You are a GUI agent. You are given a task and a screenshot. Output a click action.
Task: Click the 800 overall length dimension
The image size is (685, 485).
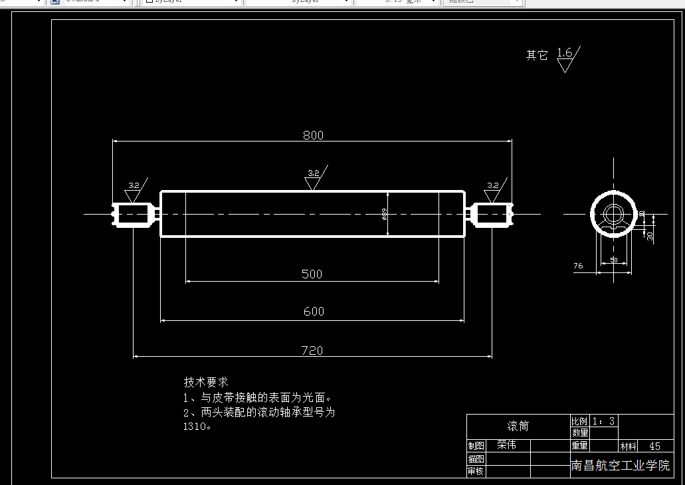(313, 135)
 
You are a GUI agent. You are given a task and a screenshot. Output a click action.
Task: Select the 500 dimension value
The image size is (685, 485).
(312, 274)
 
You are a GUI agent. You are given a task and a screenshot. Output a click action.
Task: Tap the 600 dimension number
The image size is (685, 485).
(314, 311)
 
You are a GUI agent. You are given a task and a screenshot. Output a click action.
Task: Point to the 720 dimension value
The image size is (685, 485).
(312, 350)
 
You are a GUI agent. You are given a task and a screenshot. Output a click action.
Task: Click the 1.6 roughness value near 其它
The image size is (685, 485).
(565, 52)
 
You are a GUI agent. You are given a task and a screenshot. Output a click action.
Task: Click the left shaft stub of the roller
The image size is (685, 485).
(135, 214)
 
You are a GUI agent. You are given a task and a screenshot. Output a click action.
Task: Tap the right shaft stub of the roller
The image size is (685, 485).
(492, 214)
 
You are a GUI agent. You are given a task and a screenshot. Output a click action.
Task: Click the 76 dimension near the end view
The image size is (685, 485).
(578, 266)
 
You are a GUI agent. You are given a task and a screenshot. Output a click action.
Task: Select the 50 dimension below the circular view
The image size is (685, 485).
(613, 260)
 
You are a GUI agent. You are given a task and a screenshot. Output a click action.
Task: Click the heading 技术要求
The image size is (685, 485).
(206, 382)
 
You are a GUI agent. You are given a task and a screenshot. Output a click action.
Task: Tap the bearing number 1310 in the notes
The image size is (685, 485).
(196, 427)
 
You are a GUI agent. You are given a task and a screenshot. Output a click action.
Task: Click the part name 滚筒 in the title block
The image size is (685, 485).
(518, 426)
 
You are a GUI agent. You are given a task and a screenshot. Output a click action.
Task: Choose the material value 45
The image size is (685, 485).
(654, 446)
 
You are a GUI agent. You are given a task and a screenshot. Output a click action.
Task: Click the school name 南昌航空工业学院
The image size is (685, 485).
(621, 466)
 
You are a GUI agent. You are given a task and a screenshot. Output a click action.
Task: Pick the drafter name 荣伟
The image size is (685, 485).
(506, 445)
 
